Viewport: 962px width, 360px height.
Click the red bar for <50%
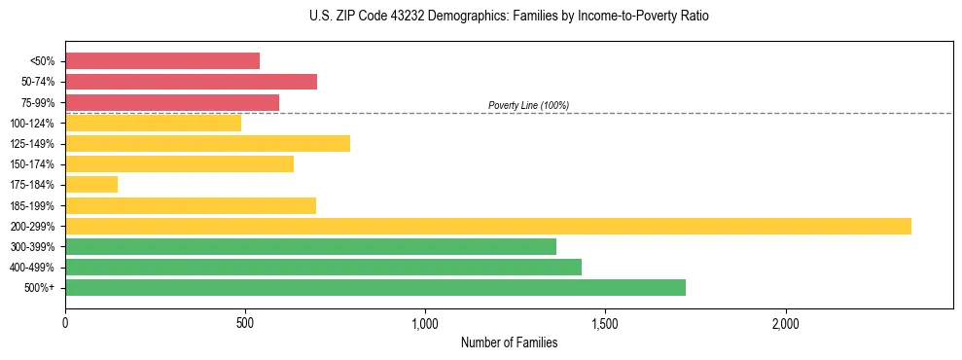coord(162,61)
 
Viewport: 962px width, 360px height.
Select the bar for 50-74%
coord(191,82)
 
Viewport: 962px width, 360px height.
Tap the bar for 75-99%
coord(172,102)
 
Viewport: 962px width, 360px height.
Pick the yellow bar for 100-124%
coord(153,123)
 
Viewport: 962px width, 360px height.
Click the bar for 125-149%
coord(207,144)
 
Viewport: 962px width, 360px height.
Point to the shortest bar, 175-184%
coord(91,185)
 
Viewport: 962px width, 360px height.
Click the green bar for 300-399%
coord(310,246)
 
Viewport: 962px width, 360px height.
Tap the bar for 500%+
coord(375,287)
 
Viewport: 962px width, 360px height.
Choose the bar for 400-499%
coord(323,267)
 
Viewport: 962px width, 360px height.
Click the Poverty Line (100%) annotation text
coord(528,105)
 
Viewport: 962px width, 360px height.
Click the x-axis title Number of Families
coord(509,342)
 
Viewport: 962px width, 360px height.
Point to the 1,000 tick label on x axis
coord(425,324)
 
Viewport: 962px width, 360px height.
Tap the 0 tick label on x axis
coord(65,324)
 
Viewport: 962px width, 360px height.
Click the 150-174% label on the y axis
coord(32,164)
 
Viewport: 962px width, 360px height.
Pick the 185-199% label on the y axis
coord(32,205)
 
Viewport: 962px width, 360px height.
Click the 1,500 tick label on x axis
coord(605,324)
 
